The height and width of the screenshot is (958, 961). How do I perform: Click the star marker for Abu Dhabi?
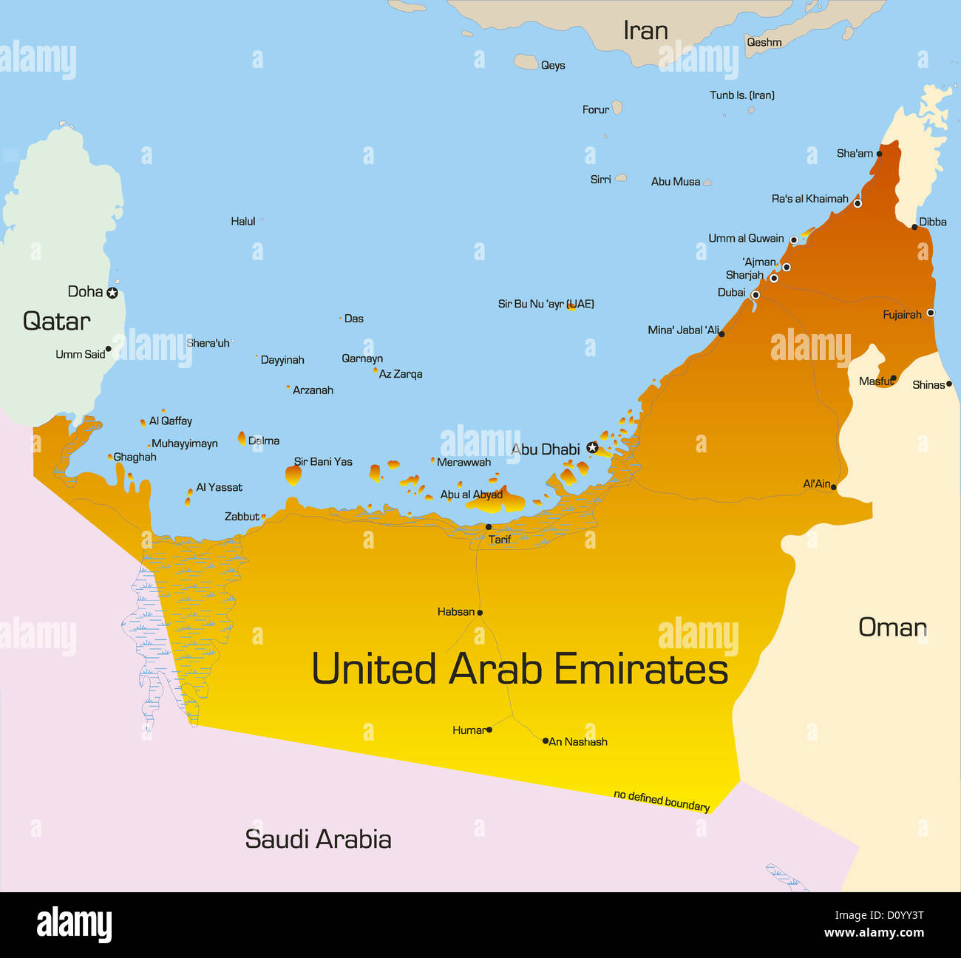(x=592, y=447)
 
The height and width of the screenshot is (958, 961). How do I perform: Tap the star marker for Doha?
(x=112, y=293)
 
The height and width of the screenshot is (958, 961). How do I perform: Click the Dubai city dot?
(x=755, y=295)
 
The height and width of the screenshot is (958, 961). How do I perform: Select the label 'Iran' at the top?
(x=645, y=30)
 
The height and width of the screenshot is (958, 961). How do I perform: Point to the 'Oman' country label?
(x=892, y=628)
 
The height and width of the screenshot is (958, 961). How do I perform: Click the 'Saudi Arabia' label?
(x=318, y=839)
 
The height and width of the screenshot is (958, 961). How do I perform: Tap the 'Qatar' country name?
(x=56, y=321)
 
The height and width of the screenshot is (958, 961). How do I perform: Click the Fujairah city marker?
(x=930, y=313)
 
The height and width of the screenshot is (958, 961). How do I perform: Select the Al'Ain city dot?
(x=834, y=487)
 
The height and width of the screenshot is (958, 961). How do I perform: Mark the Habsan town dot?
(x=480, y=612)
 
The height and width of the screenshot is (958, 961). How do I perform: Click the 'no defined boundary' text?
(x=662, y=800)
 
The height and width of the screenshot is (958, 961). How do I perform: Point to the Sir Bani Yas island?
(x=293, y=475)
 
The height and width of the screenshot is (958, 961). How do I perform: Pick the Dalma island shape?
(x=242, y=438)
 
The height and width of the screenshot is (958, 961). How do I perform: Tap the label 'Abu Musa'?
(x=675, y=181)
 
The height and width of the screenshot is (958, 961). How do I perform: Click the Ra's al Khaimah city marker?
(x=858, y=203)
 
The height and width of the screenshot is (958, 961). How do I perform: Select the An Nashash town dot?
(x=546, y=741)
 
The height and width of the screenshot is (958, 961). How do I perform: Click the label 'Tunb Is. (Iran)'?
(x=741, y=95)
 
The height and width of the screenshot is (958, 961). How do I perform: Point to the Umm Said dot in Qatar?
(x=108, y=349)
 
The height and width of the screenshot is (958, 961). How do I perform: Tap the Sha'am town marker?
(x=879, y=154)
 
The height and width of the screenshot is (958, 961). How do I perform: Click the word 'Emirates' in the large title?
(x=640, y=669)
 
